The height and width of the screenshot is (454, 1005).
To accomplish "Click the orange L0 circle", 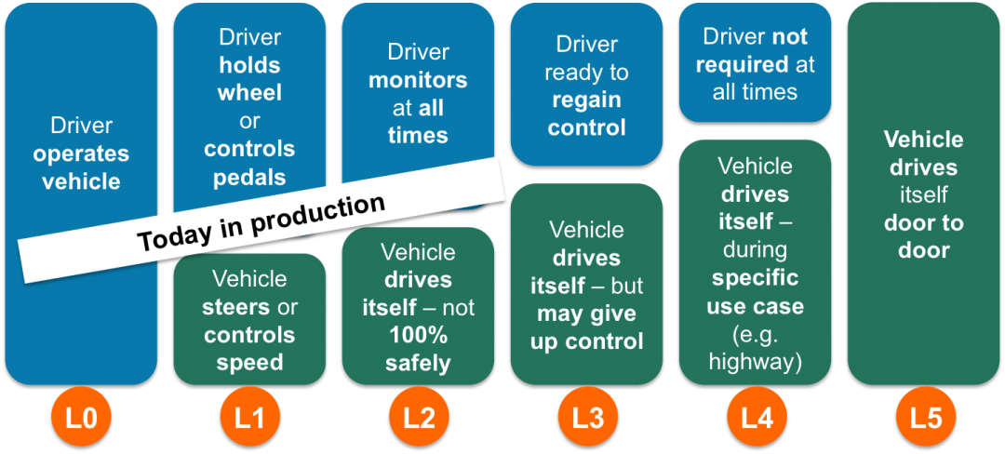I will (82, 419).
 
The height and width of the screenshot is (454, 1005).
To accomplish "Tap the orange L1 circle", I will (249, 419).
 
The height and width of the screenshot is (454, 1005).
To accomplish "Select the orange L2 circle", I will (418, 419).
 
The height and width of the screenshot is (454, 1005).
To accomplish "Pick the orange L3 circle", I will (587, 419).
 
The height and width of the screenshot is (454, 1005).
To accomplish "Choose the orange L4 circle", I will (756, 419).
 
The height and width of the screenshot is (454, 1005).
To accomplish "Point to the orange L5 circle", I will (925, 419).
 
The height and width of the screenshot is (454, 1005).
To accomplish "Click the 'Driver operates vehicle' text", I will (82, 154).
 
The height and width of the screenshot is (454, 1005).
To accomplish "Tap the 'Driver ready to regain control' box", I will (586, 86).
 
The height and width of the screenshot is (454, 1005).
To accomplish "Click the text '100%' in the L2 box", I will (418, 335).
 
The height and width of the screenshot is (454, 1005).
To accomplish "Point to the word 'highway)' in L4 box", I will (755, 362).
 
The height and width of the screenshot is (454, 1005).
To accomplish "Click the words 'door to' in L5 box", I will (924, 223).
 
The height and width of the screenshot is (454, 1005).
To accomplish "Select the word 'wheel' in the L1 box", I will (249, 93).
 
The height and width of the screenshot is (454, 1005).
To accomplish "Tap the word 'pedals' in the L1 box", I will (249, 177).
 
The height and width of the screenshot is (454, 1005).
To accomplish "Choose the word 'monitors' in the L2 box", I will (418, 80).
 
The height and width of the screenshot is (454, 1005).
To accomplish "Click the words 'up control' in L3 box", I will (586, 341).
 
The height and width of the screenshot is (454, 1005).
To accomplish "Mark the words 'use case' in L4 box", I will (755, 306).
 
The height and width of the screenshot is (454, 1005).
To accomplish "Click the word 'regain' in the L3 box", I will (586, 100).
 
